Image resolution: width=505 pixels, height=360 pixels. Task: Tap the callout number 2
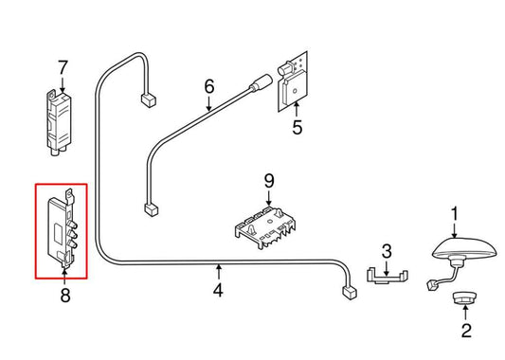(x=465, y=331)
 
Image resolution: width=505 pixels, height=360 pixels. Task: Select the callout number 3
(x=386, y=251)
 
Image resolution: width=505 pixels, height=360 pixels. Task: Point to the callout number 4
(x=219, y=291)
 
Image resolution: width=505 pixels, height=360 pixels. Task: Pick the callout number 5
(x=297, y=125)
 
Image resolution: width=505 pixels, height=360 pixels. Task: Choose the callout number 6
(x=209, y=87)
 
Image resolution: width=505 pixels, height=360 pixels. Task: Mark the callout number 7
(x=63, y=68)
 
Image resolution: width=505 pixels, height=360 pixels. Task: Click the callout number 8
(x=64, y=296)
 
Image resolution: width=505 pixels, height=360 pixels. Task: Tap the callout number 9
(x=268, y=179)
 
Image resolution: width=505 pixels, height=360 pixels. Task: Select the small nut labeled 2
(x=463, y=299)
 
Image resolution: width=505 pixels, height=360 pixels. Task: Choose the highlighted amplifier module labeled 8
(x=62, y=230)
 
